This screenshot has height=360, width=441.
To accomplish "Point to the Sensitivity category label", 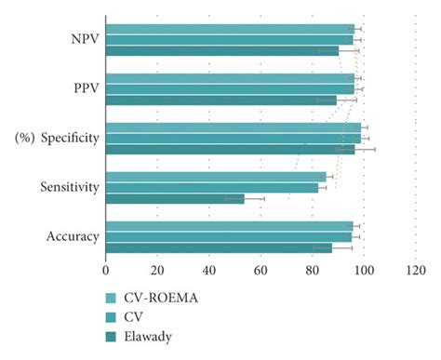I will [x=70, y=187].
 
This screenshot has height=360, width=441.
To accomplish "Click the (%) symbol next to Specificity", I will [x=24, y=139].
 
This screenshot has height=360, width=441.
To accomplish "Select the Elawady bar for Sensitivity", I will [x=174, y=198].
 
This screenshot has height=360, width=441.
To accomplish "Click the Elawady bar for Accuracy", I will [x=218, y=247].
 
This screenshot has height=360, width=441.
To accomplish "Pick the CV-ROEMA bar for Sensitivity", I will [x=215, y=176].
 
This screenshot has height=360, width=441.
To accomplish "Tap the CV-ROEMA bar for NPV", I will [x=229, y=29].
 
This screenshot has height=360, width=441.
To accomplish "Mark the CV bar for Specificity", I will [x=233, y=138].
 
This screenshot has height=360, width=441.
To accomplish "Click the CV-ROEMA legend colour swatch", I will [x=113, y=299].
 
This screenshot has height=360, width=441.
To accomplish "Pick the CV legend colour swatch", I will [x=113, y=317].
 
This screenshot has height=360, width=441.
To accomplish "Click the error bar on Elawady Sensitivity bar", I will [x=245, y=198].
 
